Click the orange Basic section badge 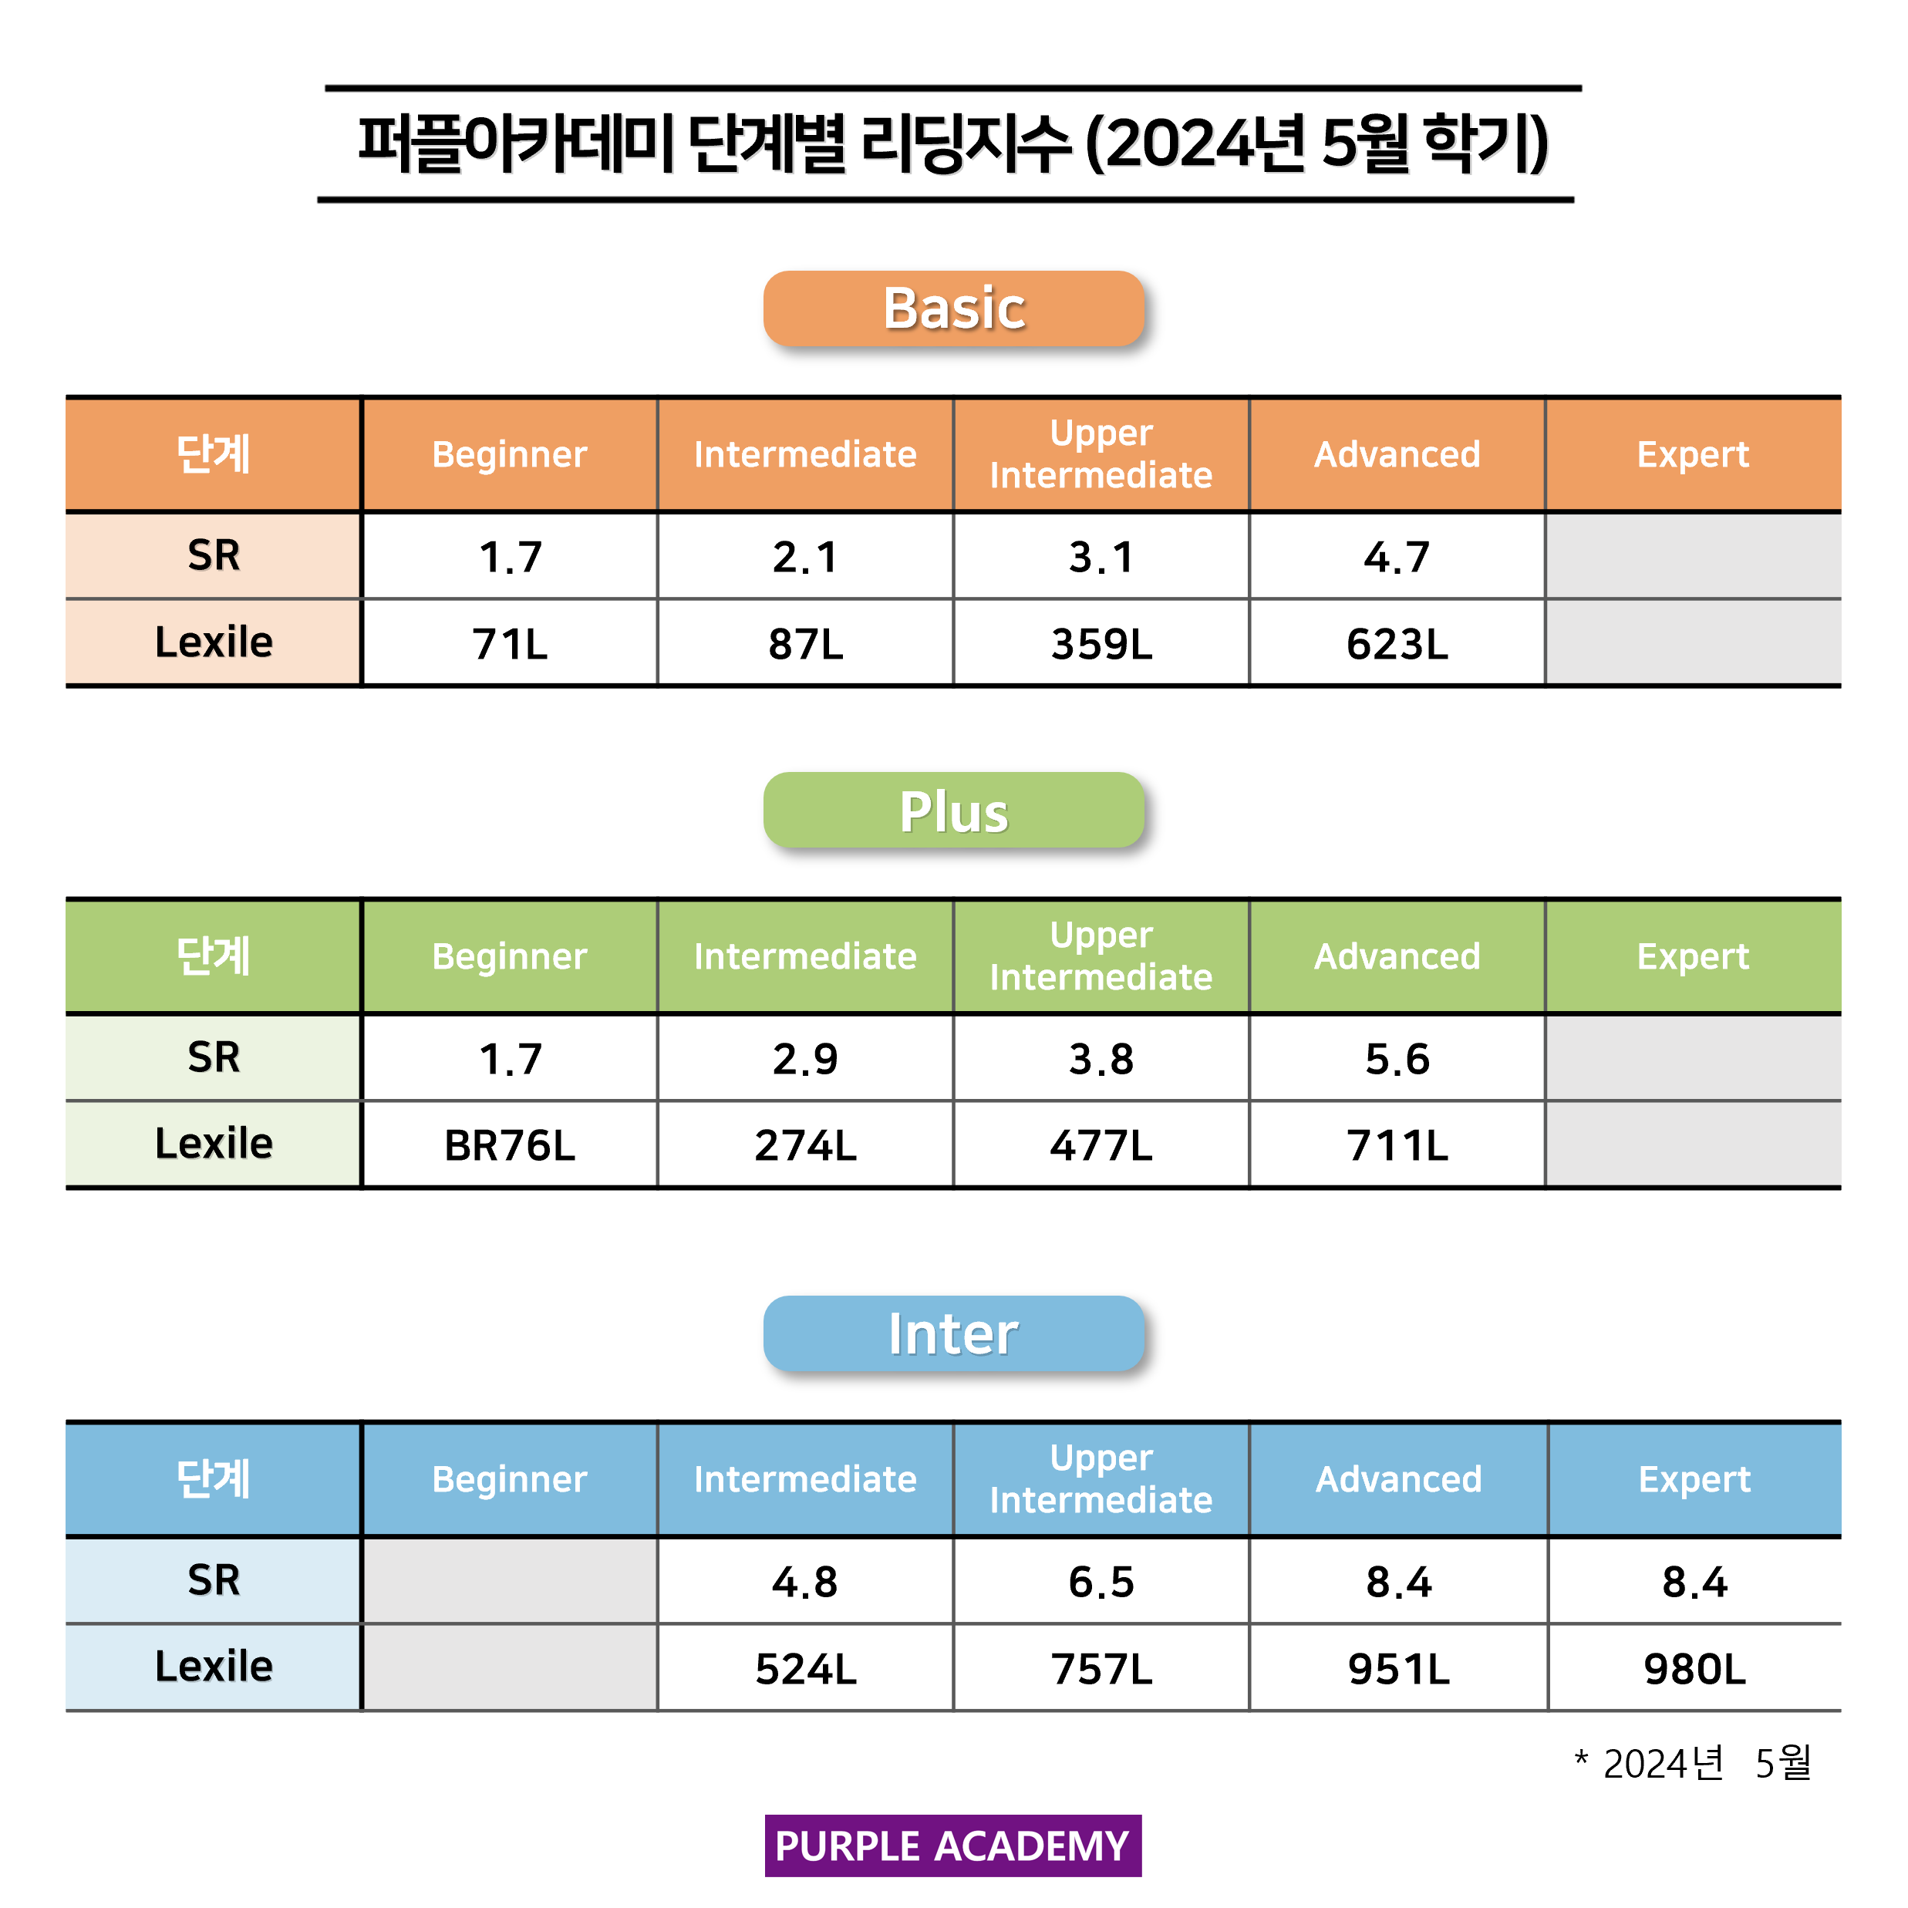click(x=953, y=308)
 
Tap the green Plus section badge click(x=953, y=811)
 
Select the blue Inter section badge click(x=953, y=1333)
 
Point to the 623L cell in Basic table click(x=1397, y=644)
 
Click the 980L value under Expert click(x=1694, y=1669)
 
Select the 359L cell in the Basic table click(x=1101, y=644)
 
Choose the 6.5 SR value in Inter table click(x=1101, y=1582)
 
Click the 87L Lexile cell click(x=805, y=644)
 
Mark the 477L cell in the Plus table click(x=1101, y=1145)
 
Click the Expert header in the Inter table click(x=1694, y=1479)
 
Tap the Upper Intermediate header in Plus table click(x=1101, y=956)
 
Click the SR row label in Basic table click(x=214, y=555)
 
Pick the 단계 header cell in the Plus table click(x=214, y=956)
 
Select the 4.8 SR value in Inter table click(x=805, y=1582)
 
